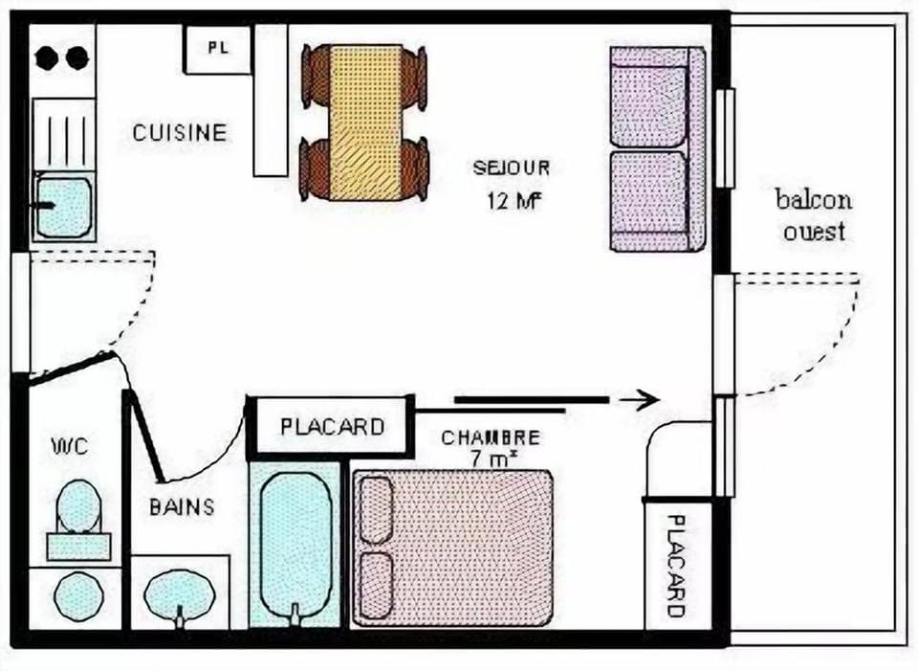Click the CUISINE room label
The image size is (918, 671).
180,132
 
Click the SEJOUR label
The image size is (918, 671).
512,168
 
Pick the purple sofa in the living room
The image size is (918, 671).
658,148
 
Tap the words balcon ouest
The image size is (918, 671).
814,215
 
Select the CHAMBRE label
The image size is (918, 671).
490,437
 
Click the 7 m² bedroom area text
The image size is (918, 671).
494,459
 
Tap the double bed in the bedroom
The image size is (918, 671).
452,547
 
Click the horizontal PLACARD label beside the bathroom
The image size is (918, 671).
332,426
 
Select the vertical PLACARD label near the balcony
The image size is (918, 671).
676,565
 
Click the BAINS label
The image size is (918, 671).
182,506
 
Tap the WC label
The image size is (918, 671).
70,446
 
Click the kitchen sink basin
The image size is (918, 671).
63,205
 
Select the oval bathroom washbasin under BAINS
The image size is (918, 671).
180,593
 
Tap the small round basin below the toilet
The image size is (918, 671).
77,594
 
